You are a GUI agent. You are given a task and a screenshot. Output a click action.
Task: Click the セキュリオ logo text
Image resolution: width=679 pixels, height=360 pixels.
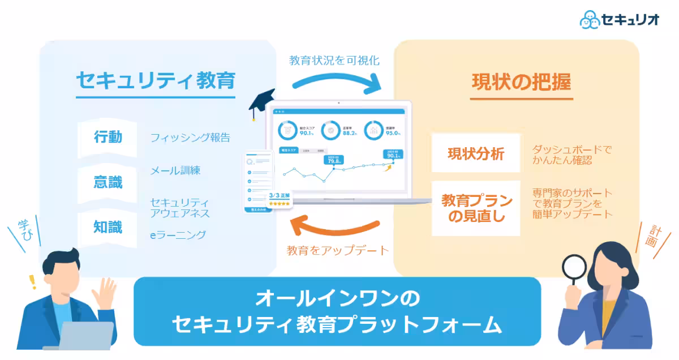click(631, 19)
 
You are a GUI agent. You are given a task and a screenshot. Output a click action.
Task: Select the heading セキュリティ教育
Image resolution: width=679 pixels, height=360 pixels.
click(156, 81)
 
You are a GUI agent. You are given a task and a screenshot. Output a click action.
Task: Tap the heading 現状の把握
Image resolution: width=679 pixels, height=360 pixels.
click(521, 82)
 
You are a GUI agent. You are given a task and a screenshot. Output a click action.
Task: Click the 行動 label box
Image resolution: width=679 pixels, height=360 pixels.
click(108, 138)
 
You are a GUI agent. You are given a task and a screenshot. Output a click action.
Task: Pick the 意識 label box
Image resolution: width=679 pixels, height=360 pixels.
click(108, 182)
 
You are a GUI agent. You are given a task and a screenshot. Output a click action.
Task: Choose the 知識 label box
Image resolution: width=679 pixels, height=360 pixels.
click(108, 228)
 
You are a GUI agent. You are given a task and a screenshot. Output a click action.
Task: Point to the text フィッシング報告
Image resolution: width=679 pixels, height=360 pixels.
click(190, 138)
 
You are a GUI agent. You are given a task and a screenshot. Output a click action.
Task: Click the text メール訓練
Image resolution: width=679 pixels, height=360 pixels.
click(175, 170)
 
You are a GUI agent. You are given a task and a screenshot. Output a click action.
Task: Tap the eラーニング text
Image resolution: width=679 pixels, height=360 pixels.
click(178, 234)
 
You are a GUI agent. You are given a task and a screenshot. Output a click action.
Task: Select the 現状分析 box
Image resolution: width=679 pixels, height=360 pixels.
click(475, 153)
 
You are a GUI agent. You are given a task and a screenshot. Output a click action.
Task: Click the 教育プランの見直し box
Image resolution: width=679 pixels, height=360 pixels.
click(475, 208)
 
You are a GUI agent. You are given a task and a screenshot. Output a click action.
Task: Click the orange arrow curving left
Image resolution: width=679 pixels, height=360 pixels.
click(337, 226)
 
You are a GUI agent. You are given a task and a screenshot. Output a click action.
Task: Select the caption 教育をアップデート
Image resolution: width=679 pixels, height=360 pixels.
click(338, 250)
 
